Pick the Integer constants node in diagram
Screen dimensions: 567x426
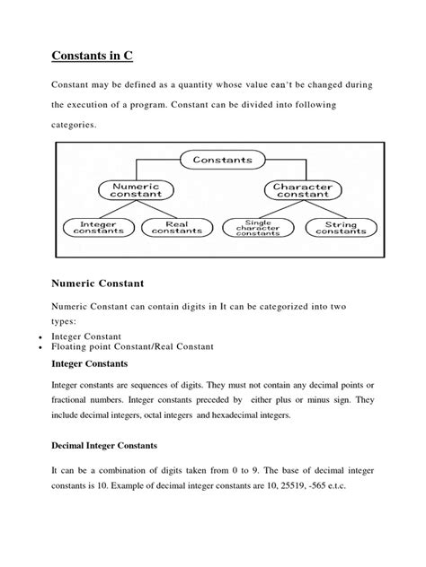point(96,227)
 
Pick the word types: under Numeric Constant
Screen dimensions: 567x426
point(66,321)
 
